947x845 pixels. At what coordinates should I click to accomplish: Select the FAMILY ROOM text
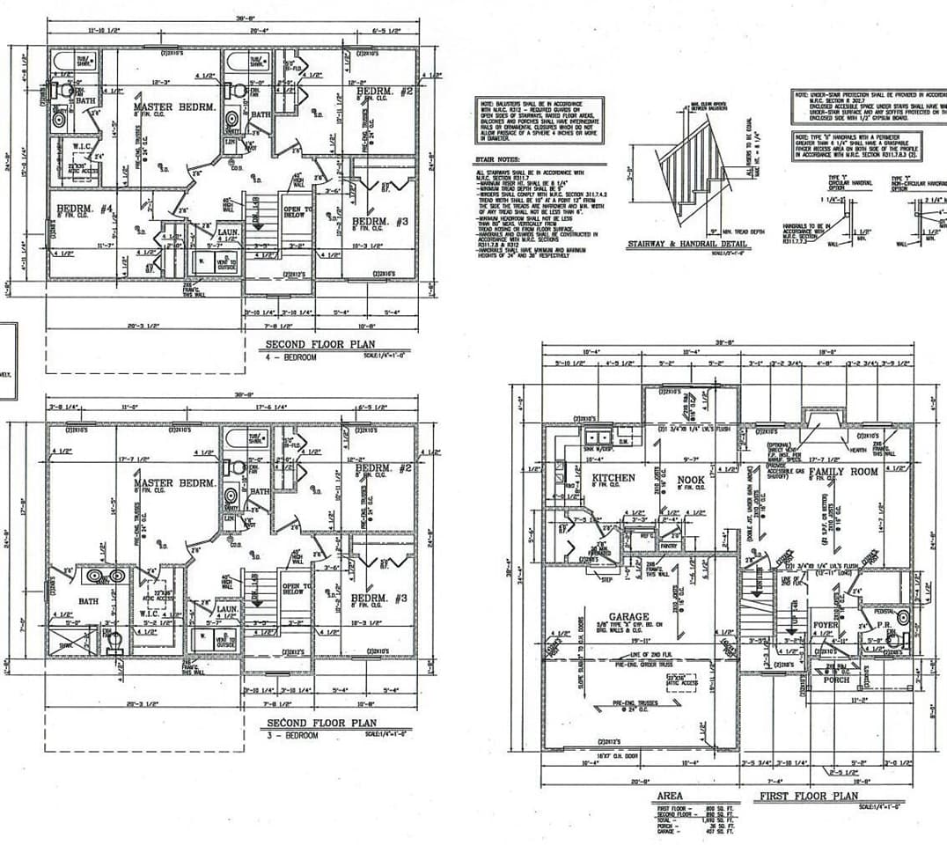pos(843,472)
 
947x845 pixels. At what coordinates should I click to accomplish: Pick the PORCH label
pos(835,679)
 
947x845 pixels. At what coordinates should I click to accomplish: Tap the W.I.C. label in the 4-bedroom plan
pos(83,146)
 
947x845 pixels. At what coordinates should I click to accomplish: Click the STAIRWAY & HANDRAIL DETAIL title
pos(686,244)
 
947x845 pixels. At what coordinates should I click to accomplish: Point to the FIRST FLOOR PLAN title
pos(808,797)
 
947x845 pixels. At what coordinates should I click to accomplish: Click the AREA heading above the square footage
pos(669,797)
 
